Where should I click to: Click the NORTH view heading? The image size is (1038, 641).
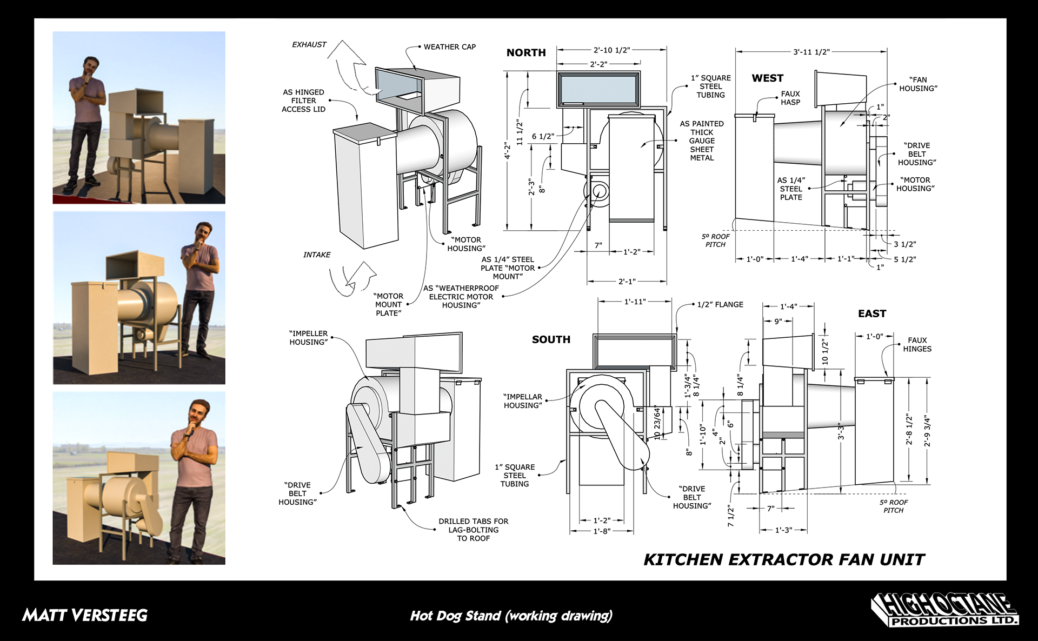point(525,52)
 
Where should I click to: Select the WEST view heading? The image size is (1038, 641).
point(767,78)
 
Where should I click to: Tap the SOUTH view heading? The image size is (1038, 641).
point(551,339)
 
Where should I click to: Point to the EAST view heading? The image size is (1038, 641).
point(871,313)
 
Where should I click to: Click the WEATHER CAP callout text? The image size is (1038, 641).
point(449,47)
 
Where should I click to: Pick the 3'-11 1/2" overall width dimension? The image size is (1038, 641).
point(811,52)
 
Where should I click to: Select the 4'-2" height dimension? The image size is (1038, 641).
point(507,151)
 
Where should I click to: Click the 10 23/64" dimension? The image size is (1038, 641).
point(657,422)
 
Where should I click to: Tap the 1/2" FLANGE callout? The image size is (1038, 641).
point(720,305)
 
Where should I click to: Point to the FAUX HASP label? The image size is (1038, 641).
point(790,98)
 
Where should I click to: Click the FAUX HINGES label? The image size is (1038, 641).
point(917,344)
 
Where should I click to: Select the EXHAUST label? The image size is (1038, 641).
point(309,44)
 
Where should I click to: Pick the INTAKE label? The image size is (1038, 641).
point(317,255)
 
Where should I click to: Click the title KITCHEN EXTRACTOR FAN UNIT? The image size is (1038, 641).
point(784,559)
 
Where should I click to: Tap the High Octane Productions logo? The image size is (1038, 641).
point(944,610)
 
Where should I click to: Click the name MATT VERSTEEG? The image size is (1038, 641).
point(85,615)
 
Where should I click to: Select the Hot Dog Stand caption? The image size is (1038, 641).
point(511,616)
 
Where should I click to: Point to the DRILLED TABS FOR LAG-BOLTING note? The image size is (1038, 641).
point(473,530)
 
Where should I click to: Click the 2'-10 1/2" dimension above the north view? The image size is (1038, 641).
point(611,50)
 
